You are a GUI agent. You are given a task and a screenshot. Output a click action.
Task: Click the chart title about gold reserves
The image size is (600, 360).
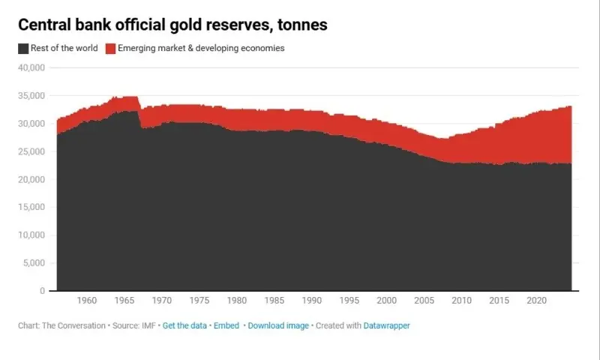point(172,25)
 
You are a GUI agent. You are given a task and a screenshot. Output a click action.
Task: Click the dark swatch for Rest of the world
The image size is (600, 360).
point(23,49)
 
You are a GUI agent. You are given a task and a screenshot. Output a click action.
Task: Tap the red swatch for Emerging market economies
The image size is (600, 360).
point(111,49)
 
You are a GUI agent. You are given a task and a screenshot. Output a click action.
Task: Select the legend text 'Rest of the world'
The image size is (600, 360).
point(64,49)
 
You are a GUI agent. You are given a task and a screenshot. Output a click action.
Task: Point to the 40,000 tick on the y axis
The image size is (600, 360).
point(31,68)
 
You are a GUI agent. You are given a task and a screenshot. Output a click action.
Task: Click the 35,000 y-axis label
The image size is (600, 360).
point(31,96)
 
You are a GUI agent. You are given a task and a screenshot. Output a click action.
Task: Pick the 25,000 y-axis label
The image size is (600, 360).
point(31,151)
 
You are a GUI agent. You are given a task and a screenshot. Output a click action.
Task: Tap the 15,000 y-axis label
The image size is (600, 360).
point(31,207)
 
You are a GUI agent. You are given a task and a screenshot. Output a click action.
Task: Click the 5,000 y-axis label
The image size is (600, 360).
point(34,262)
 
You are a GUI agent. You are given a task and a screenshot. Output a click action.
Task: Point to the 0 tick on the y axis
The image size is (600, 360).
point(43,290)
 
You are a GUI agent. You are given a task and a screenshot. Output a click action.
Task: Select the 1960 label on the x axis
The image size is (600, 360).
point(87,301)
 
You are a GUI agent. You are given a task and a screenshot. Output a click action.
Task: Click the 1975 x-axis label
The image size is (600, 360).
point(199,301)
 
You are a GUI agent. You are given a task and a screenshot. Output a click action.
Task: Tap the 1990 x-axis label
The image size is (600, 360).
point(312,301)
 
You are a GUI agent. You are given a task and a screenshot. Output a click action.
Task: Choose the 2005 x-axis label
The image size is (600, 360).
point(424,301)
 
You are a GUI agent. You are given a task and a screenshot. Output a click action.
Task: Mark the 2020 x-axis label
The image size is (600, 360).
point(536,301)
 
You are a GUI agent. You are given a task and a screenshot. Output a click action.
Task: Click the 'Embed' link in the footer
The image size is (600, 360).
point(226,326)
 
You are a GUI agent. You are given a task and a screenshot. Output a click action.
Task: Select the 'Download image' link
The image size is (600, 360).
point(277,326)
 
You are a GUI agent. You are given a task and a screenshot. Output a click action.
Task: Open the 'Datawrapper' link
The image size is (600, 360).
point(387,326)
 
